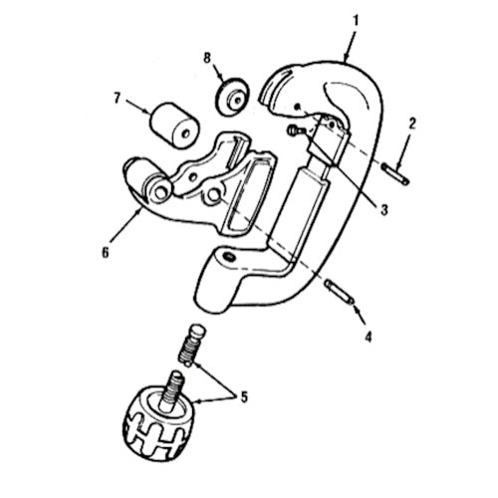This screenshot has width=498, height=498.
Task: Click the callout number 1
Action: [x=356, y=21]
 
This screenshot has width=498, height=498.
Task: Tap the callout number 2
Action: [x=411, y=124]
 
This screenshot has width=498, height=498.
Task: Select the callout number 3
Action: [x=384, y=210]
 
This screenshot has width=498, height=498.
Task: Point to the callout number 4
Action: [x=369, y=337]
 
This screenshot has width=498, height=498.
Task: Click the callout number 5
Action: [x=244, y=397]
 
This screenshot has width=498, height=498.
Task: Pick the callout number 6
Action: [x=105, y=253]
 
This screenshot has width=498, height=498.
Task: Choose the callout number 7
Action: [x=117, y=99]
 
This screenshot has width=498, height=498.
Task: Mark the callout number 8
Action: [x=207, y=59]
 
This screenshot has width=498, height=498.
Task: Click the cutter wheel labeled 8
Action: [x=232, y=97]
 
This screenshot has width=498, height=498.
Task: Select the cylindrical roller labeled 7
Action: [x=174, y=124]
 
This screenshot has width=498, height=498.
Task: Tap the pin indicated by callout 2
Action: [x=395, y=174]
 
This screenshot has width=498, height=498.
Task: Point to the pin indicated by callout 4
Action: [x=340, y=292]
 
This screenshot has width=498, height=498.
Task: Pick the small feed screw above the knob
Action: [x=192, y=347]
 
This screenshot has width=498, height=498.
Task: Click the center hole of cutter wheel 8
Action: [x=238, y=99]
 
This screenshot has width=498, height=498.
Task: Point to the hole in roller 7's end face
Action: [x=186, y=133]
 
